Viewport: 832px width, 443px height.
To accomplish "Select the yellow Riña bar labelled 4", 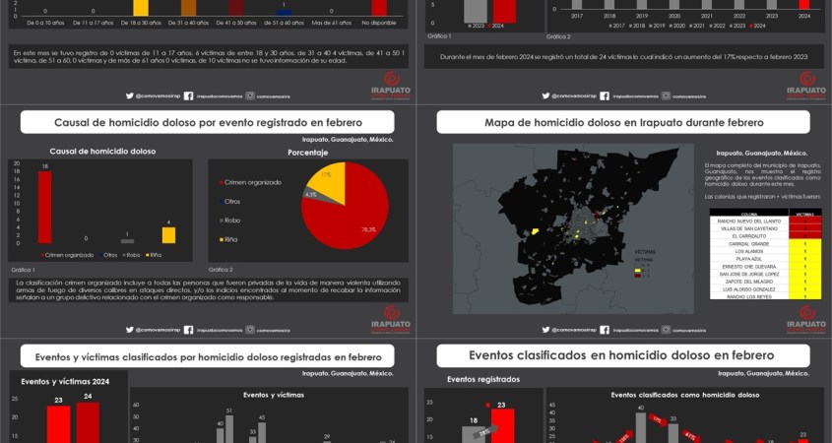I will point(168,235).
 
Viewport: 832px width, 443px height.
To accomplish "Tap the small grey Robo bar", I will point(127,240).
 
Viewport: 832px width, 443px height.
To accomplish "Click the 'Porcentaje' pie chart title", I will point(307,153).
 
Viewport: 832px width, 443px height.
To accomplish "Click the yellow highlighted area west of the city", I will point(535,230).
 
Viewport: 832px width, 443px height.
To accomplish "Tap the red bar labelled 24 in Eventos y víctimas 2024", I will point(87,422).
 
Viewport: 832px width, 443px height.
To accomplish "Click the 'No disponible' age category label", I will point(378,21).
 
